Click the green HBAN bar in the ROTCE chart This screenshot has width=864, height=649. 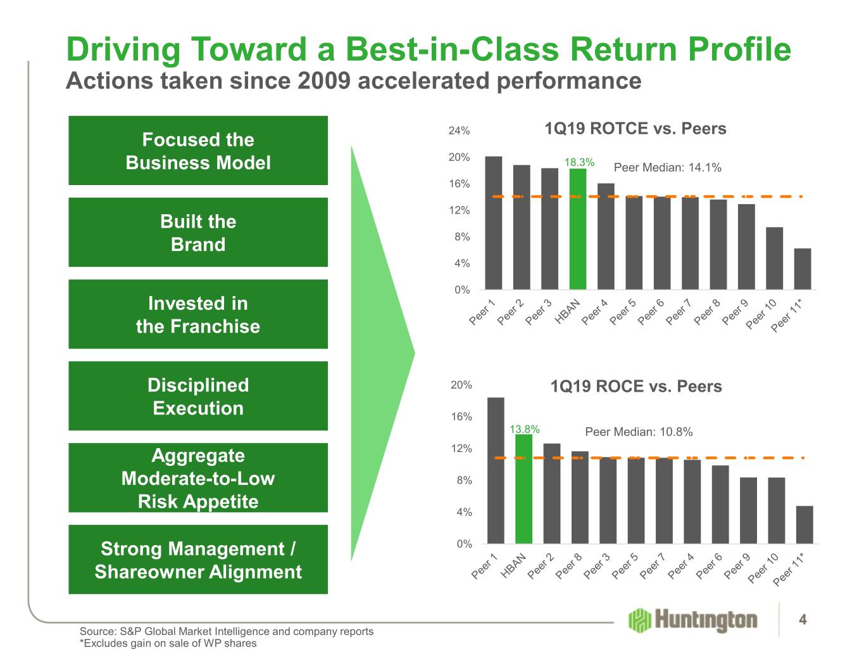[x=578, y=229]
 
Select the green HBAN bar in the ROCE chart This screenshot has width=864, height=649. [x=524, y=489]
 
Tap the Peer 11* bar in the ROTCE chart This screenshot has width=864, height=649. [x=803, y=269]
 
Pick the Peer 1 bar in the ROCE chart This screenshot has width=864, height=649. [x=496, y=470]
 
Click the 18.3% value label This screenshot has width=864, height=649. [x=579, y=162]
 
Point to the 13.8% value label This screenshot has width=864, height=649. [x=525, y=428]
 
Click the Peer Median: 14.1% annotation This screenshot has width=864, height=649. [x=668, y=167]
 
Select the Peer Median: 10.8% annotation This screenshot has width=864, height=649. [x=639, y=432]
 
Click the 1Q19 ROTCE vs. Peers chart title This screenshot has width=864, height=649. [x=635, y=129]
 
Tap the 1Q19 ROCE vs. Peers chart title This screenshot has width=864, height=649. [x=636, y=386]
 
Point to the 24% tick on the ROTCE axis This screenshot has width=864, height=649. [x=459, y=131]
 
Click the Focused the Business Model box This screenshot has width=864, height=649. [x=198, y=150]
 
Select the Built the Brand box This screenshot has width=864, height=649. [x=198, y=232]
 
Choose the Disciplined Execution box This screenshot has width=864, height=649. [x=198, y=395]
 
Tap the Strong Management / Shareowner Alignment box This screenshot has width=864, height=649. [x=198, y=559]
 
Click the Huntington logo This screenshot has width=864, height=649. [x=692, y=620]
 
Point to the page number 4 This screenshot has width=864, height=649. [x=803, y=619]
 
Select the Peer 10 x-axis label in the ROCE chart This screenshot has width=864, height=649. [x=763, y=569]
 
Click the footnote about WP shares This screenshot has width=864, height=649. [x=168, y=643]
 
